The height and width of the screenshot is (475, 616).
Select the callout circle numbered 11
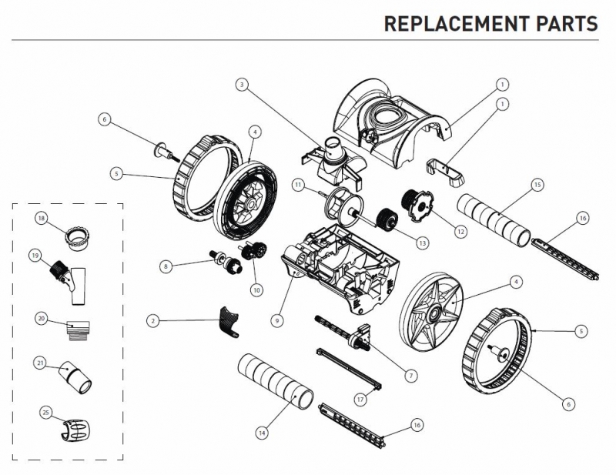[x=296, y=185]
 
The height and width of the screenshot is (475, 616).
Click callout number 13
[x=422, y=243]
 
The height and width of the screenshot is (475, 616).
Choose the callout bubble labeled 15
[x=537, y=185]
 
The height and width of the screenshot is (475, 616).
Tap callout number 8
[x=165, y=266]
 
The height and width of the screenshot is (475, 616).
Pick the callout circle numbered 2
[x=152, y=320]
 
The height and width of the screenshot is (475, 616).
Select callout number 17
[x=360, y=399]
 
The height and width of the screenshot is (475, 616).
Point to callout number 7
[x=411, y=375]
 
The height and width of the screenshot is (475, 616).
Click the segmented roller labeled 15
[x=494, y=218]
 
